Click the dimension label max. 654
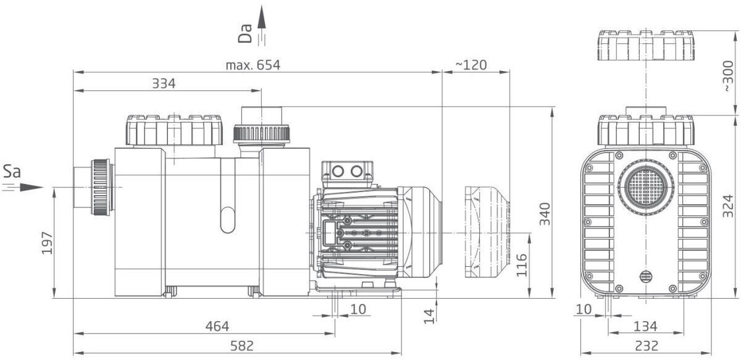pos(253,65)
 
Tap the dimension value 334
pos(164,84)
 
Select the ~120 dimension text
pos(471,65)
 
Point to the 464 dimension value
pos(217,327)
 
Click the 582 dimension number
pos(242,346)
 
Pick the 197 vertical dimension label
pos(47,243)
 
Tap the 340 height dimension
pos(545,214)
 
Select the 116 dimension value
pos(522,265)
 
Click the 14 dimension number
pos(429,316)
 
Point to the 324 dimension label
pos(728,206)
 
